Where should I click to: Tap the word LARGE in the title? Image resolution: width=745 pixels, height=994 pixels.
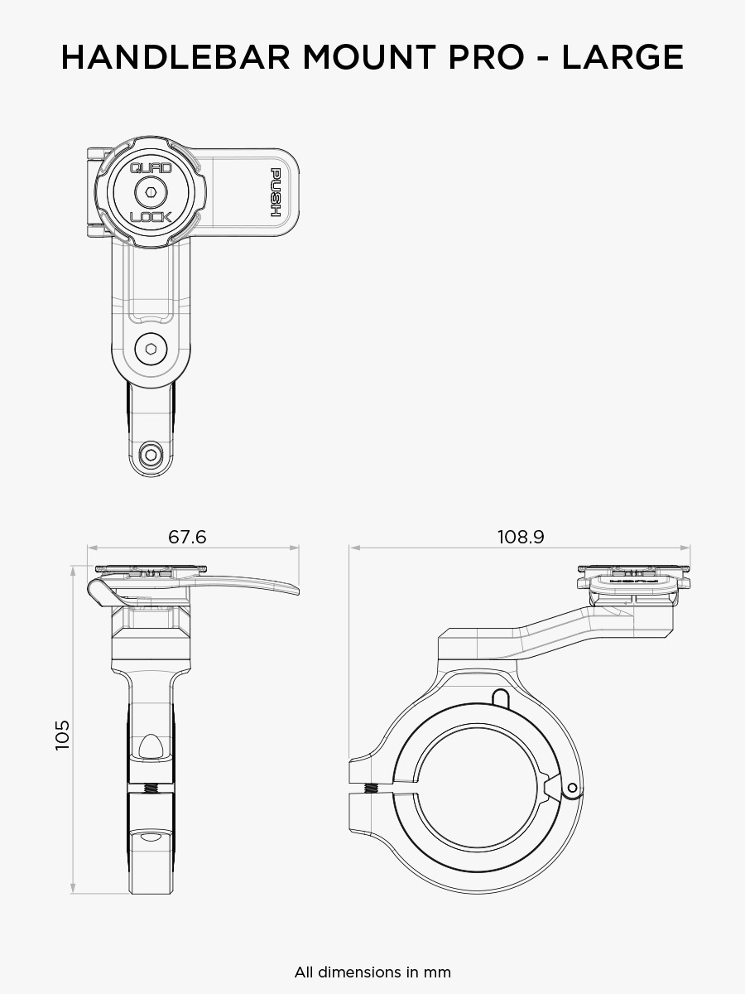point(622,57)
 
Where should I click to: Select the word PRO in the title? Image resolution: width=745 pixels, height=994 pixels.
point(486,57)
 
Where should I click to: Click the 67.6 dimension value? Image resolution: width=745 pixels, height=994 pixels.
point(187,537)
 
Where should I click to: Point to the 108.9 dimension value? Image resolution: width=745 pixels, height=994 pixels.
point(521,537)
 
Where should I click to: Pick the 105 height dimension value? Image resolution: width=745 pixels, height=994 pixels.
point(62,735)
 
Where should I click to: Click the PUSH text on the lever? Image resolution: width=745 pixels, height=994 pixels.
point(276,192)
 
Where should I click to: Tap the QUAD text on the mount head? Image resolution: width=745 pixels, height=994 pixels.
point(151,168)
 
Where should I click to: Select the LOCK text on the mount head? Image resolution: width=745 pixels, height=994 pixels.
point(151,217)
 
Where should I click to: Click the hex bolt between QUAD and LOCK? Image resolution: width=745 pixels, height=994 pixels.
point(151,193)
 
